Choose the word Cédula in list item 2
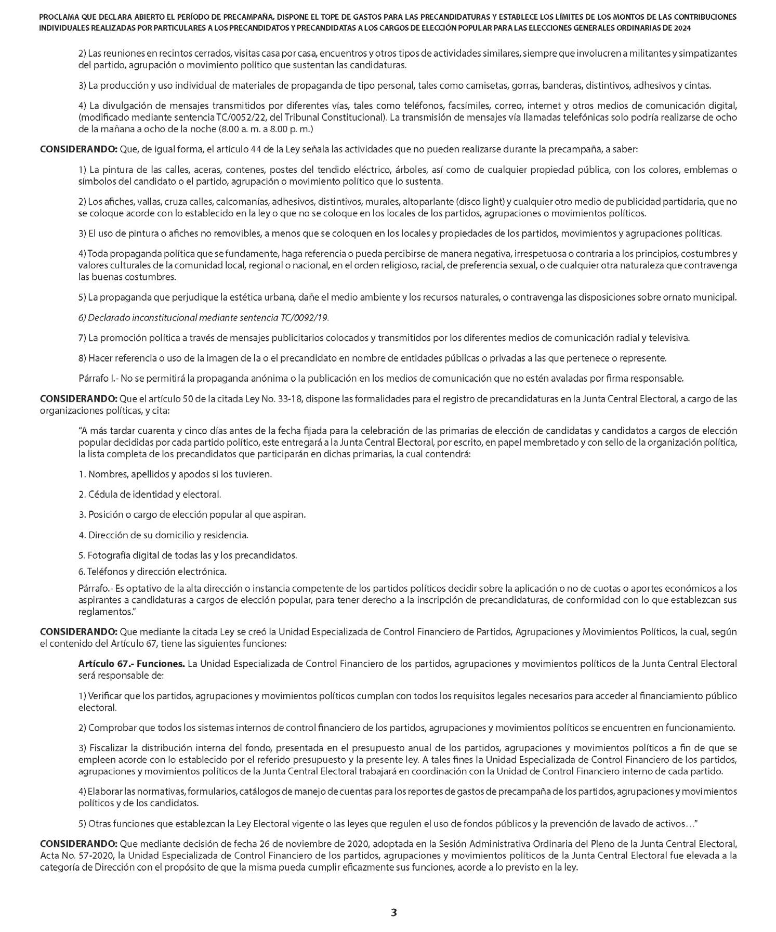(102, 494)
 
